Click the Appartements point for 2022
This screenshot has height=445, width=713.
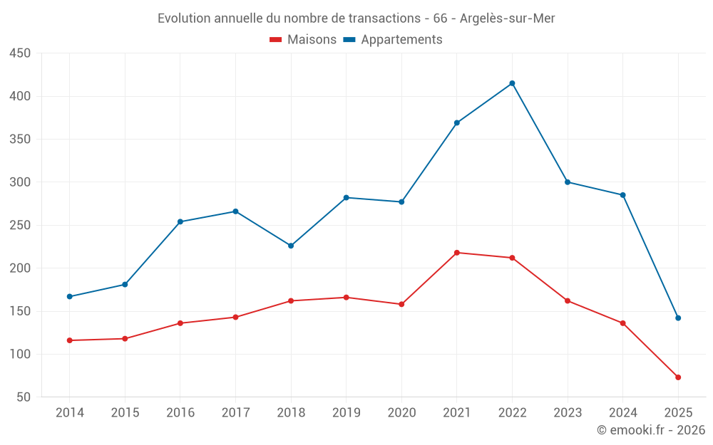coord(512,83)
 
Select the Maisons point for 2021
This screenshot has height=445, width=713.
coord(457,253)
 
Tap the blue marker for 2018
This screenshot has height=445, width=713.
coord(291,246)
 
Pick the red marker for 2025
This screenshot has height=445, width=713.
coord(678,377)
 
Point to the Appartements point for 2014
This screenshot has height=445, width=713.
coord(70,296)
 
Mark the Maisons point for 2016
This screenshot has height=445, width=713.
coord(180,323)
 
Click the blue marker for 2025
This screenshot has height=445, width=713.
coord(678,318)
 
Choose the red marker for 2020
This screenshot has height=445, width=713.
coord(401,304)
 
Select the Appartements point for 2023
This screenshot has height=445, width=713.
coord(568,182)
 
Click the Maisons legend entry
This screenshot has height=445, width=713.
coord(303,40)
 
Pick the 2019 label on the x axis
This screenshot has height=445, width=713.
coord(346,413)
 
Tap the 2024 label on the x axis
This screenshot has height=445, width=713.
coord(622,413)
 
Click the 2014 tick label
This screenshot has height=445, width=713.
coord(70,413)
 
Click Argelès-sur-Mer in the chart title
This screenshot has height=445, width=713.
coord(508,19)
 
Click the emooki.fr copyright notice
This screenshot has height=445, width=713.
coord(651,430)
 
